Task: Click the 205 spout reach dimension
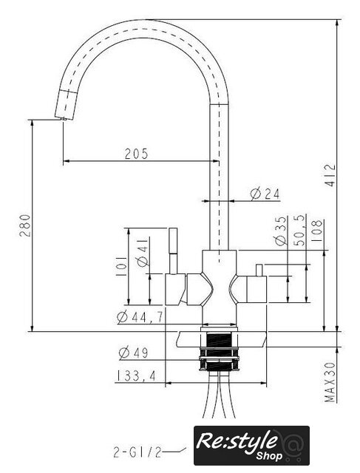tap(137, 154)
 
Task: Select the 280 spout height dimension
tap(25, 225)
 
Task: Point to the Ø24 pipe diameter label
tap(265, 194)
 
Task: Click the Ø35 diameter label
tap(280, 231)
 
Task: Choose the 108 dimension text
tap(316, 231)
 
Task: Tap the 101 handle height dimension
tap(121, 267)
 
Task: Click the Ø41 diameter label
tap(143, 252)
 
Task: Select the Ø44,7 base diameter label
tap(140, 317)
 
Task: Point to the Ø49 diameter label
tap(133, 353)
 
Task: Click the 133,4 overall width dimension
tap(136, 376)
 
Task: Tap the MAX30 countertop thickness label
tap(330, 382)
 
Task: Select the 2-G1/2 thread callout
tap(137, 452)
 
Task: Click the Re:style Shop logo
tap(251, 445)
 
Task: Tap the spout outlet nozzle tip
tap(64, 119)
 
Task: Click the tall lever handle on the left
tap(173, 251)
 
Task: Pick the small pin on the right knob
tap(259, 270)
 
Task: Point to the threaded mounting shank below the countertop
tap(219, 351)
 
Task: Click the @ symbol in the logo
tap(290, 442)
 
